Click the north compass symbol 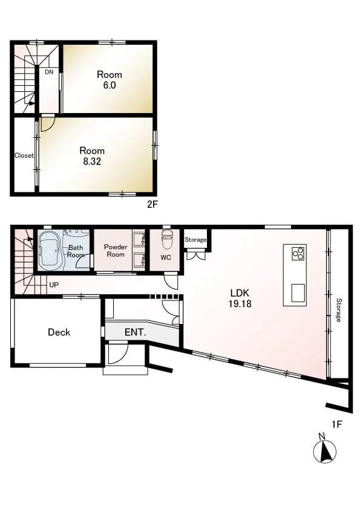pos(324,450)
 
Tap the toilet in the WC pos(167,239)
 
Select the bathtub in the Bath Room pos(50,251)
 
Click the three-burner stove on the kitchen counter pos(298,253)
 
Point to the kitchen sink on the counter pos(298,293)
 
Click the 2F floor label pos(152,204)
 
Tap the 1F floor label pos(336,424)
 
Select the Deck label pos(59,332)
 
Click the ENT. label pos(135,332)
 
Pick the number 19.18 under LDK pos(240,304)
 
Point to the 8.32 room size pos(92,161)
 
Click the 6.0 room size pos(110,85)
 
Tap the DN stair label pos(49,72)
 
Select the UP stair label pos(54,285)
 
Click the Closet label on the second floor pos(24,155)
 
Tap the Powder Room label pos(116,251)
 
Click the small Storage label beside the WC pos(195,240)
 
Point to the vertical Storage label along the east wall pos(339,310)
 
